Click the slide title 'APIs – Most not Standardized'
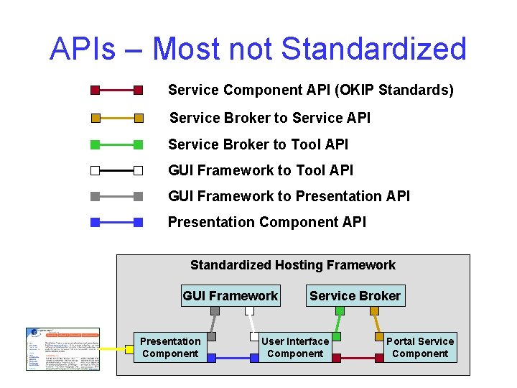tap(258, 49)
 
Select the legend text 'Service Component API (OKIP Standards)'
tap(310, 91)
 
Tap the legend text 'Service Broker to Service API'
tap(270, 118)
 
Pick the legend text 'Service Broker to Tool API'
tap(258, 144)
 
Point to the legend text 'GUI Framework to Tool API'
tap(261, 170)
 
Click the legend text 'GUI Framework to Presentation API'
tap(289, 196)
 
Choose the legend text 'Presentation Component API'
tap(266, 222)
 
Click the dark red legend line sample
tap(117, 91)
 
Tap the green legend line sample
tap(117, 144)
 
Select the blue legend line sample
tap(117, 222)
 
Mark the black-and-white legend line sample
tap(117, 171)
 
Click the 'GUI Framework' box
tap(230, 295)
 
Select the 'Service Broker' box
tap(355, 295)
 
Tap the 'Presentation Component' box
tap(170, 348)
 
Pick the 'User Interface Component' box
tap(295, 348)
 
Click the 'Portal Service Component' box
tap(420, 348)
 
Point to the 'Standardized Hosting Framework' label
tap(292, 265)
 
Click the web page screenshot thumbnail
tap(63, 348)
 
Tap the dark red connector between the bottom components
tap(355, 358)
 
